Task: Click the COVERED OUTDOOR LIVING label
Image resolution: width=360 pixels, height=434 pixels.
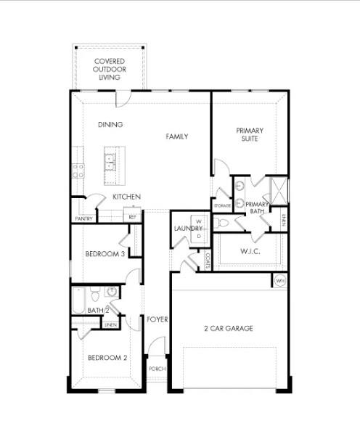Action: (109, 69)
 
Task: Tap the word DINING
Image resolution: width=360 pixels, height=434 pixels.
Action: (110, 125)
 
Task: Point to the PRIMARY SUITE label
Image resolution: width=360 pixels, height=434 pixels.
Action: (250, 135)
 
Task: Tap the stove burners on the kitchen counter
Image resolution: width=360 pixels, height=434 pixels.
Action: (78, 171)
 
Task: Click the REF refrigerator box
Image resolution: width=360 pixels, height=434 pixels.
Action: (133, 216)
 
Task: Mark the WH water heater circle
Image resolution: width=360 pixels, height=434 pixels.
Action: (280, 280)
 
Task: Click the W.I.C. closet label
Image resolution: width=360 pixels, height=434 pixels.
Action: (250, 252)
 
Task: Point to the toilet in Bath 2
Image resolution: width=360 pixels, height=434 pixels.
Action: (112, 292)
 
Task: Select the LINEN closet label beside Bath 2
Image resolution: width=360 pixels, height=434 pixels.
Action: (110, 324)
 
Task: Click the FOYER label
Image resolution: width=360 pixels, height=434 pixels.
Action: (157, 319)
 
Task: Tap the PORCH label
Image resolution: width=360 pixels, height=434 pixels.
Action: (157, 369)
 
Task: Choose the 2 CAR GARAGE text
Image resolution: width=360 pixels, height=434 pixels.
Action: (228, 328)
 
